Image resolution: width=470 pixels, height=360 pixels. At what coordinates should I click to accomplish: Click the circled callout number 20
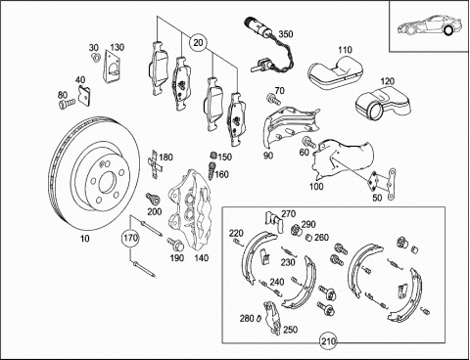coord(198,43)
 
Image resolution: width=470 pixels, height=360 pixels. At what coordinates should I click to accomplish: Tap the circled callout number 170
coord(130,238)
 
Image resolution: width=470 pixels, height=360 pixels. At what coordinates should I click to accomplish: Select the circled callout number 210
coord(328,341)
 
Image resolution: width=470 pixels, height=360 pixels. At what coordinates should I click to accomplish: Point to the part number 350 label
coord(286,34)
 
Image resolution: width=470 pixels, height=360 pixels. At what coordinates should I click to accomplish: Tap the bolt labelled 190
coord(172,244)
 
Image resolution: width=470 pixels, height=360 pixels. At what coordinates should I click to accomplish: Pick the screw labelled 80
coord(67,104)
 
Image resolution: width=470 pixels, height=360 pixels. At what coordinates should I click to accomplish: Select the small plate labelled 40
coord(84,95)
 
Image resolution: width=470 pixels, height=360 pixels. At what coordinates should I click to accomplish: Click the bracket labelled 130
coord(111,67)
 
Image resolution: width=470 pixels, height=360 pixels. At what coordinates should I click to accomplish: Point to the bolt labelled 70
coord(273,99)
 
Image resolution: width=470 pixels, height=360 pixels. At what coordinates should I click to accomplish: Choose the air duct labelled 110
coord(335,72)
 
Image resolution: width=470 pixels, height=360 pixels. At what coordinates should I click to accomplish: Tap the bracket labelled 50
coord(383,184)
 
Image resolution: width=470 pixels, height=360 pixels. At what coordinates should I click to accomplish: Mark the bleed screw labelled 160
coord(211,170)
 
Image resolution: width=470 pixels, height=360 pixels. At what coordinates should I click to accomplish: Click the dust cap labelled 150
coord(212,156)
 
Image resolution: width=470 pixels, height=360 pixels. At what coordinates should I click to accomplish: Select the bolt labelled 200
coord(153,199)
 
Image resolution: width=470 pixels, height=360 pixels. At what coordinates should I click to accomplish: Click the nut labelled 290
coord(296,230)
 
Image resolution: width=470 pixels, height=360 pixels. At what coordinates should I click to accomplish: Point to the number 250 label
coord(290,330)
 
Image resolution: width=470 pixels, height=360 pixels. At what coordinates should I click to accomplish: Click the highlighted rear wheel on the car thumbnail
coord(448,31)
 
